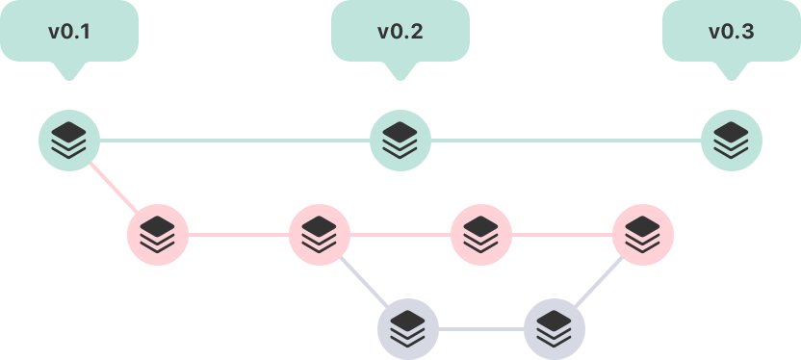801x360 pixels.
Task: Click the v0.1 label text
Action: pos(69,31)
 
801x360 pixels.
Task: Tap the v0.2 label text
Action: pos(400,31)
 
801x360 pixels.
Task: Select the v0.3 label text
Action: pos(731,31)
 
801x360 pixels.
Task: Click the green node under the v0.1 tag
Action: pos(69,141)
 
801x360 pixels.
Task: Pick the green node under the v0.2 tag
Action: pos(400,141)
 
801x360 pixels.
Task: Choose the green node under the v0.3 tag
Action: pos(732,141)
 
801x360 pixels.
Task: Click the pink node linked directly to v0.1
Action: pos(158,234)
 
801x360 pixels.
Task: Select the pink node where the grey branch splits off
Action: pos(320,234)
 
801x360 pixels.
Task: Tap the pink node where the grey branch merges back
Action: pos(643,234)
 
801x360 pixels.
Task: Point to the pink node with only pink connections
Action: pos(481,234)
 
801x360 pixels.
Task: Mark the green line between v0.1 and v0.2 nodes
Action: pos(235,141)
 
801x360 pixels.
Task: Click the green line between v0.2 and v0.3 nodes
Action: pos(566,141)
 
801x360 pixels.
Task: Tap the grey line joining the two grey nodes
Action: pos(481,328)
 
